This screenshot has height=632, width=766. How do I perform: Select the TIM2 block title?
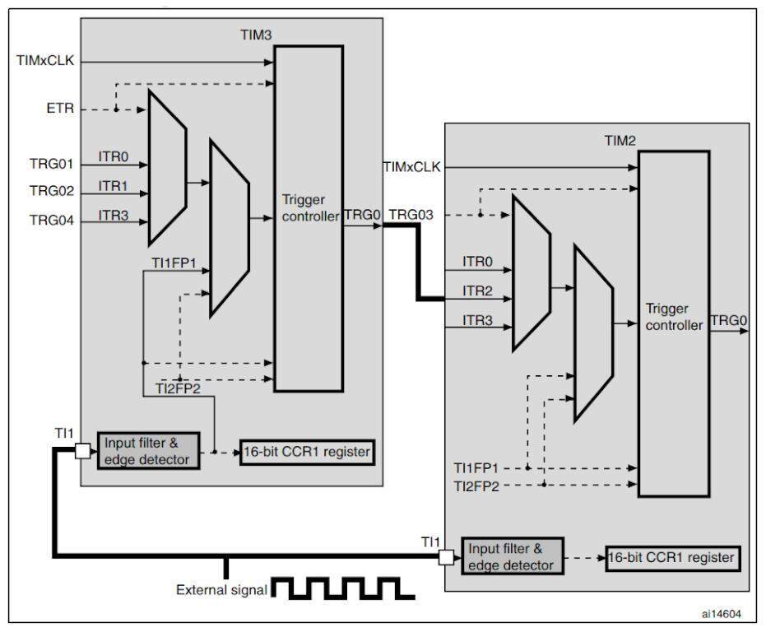click(620, 141)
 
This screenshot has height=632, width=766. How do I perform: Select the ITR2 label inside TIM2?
click(478, 290)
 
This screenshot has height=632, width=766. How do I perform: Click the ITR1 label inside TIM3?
click(114, 186)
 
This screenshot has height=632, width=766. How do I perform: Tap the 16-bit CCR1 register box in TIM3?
click(307, 451)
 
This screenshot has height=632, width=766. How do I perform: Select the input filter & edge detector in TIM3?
click(146, 450)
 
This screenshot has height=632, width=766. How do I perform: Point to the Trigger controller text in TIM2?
click(674, 317)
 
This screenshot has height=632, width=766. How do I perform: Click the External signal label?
click(221, 590)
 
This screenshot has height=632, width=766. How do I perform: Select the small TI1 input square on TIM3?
click(83, 451)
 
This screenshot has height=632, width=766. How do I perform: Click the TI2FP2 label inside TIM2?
click(478, 486)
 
